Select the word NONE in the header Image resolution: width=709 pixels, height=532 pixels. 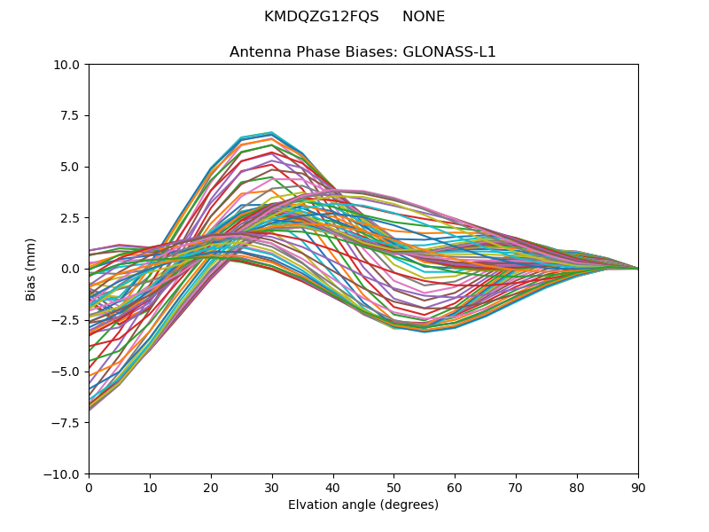coord(424,17)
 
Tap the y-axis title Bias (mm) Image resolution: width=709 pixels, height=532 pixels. coord(31,269)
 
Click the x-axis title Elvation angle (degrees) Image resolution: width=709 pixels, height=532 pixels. coord(363,505)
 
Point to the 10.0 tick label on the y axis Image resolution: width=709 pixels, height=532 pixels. coord(68,65)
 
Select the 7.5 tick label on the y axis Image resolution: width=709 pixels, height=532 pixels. coord(71,115)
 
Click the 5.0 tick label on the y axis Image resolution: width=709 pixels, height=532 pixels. coord(71,167)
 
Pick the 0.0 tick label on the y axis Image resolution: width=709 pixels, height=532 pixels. coord(71,269)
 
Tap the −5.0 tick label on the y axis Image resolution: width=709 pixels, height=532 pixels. coord(67,372)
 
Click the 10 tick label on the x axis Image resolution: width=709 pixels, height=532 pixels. coord(150,487)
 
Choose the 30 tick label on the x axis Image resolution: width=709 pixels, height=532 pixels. coord(272,487)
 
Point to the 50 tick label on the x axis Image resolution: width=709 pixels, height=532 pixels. coord(393,487)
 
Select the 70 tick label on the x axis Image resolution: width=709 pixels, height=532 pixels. coord(516,487)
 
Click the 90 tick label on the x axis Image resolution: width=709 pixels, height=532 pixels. coord(638,487)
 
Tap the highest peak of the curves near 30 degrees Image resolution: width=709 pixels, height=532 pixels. coord(272,132)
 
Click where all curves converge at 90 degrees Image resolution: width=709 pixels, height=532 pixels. coord(638,269)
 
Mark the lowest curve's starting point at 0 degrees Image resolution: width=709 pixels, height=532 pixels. coord(90,410)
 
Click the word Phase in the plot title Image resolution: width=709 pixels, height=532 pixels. coord(308,52)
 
